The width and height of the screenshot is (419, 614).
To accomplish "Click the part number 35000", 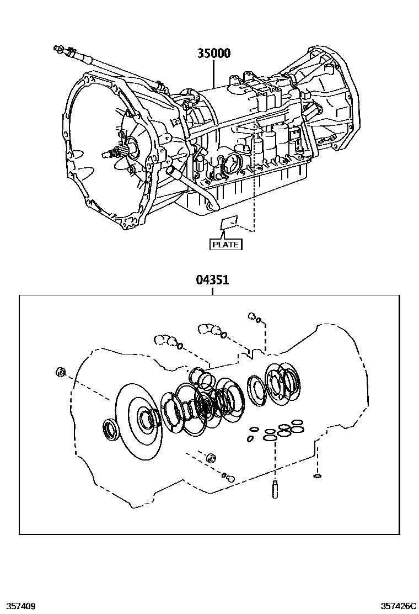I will pos(214,54).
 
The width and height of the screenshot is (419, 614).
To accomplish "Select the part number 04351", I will pos(212,280).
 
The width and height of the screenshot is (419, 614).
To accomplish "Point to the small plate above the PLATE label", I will pos(228,224).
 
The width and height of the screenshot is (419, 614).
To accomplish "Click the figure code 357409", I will pos(19,606).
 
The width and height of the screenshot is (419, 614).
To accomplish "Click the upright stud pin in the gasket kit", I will pos(275,490).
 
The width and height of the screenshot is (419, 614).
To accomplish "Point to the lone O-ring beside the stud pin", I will pos(317,476).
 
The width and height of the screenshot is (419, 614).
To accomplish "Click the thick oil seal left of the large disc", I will pos(110,430).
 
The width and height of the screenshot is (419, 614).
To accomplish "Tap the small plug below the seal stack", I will pos(210,458).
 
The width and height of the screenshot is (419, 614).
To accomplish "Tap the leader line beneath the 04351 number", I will pos(212,290).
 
